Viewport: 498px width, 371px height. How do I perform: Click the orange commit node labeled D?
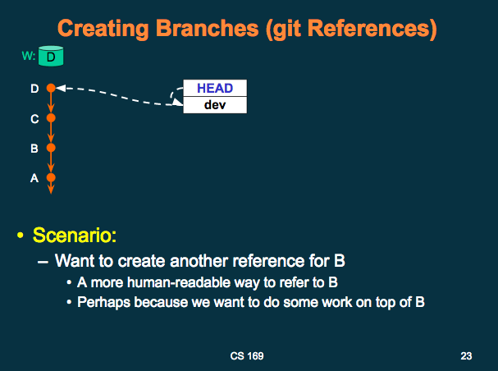[51, 87]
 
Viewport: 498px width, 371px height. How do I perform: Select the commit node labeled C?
[51, 118]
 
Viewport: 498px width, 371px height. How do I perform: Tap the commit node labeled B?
[51, 149]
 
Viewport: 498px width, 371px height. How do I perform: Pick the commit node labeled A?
[51, 177]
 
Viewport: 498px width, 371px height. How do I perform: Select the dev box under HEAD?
[214, 105]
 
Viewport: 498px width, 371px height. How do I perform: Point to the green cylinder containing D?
[52, 57]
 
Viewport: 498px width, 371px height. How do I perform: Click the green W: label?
[30, 57]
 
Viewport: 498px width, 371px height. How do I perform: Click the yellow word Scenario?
[75, 236]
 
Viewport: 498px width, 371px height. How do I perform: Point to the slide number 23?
[467, 356]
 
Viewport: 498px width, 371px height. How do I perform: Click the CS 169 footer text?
[247, 356]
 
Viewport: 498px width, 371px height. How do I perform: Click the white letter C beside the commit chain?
[34, 119]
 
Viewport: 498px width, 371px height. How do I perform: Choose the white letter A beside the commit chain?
[34, 177]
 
